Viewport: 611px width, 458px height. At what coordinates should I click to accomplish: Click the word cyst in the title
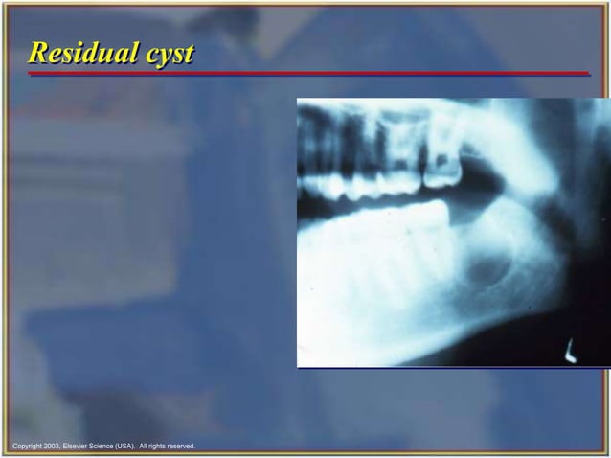170,54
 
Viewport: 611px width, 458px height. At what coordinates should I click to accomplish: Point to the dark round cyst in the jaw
487,271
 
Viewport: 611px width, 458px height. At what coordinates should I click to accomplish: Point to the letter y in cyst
164,56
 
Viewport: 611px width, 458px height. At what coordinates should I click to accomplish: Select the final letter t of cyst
190,54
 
